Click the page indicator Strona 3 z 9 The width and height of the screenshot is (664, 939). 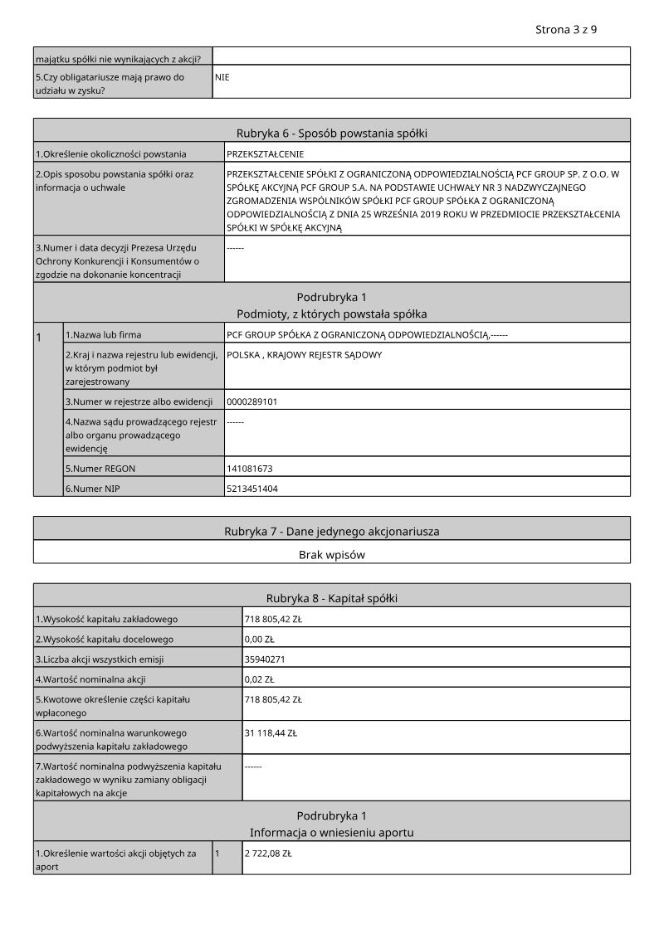(x=567, y=29)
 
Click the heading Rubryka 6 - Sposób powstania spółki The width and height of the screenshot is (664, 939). (x=332, y=133)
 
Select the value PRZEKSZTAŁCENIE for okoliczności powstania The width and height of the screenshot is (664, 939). (x=265, y=154)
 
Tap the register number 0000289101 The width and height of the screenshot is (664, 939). (x=251, y=401)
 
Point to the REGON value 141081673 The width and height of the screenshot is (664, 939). (x=249, y=469)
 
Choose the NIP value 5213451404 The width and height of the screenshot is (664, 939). (x=251, y=489)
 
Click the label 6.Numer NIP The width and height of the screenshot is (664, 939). (x=92, y=489)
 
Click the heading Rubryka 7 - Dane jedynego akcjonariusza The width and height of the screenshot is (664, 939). (x=332, y=531)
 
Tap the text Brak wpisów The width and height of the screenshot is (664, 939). (x=332, y=554)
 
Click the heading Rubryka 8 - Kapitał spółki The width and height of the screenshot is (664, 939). (x=332, y=598)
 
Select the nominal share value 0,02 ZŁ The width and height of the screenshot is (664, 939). (x=259, y=679)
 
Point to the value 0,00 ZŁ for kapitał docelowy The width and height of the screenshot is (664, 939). (x=259, y=640)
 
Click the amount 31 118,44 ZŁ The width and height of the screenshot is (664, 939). (x=271, y=733)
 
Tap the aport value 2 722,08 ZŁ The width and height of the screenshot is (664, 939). (x=267, y=853)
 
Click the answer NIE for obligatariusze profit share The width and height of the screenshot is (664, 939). (x=222, y=76)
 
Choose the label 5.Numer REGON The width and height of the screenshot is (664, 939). (x=100, y=469)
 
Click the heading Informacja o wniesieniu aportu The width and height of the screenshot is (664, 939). (x=332, y=832)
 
